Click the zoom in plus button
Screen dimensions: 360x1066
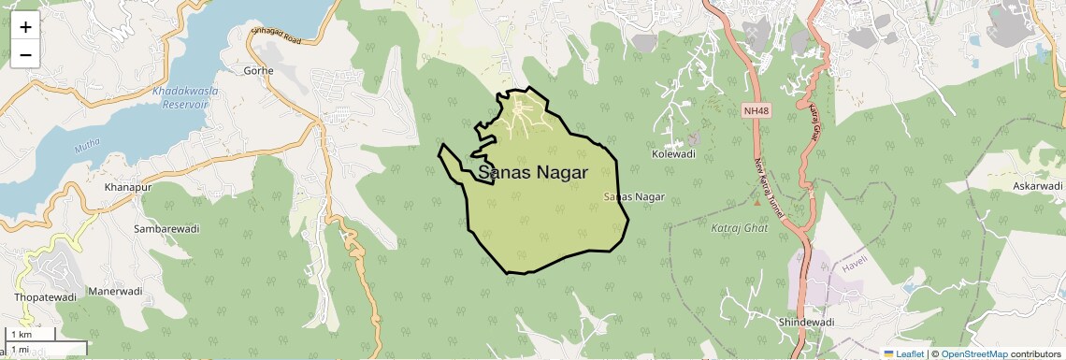[25, 27]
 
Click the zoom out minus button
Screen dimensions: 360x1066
[25, 54]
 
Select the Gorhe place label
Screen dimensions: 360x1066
[258, 70]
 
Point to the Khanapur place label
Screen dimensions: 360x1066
[128, 188]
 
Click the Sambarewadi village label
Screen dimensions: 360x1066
[166, 228]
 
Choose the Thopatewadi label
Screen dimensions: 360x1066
[45, 296]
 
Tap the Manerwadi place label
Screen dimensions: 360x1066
[116, 291]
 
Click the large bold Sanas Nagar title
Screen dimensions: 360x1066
[533, 173]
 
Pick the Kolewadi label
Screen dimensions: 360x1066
[674, 153]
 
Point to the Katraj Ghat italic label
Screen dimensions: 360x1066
[739, 227]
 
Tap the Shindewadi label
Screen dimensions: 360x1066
[806, 322]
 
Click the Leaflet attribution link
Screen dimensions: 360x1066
[903, 353]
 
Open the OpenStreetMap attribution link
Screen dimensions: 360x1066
[973, 353]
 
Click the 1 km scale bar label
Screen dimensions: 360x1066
[21, 335]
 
